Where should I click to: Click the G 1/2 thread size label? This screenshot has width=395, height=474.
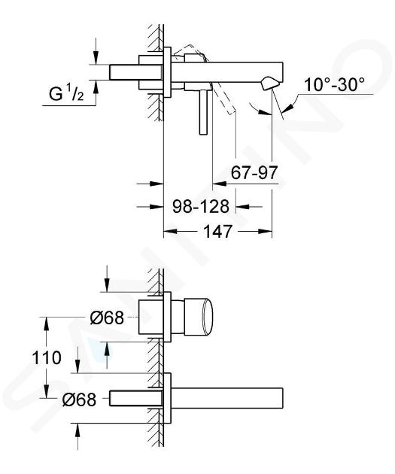tap(66, 93)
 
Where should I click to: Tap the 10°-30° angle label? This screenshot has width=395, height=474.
tap(334, 84)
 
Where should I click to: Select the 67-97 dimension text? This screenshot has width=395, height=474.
tap(254, 173)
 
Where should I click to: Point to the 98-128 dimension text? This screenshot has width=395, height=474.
tap(201, 207)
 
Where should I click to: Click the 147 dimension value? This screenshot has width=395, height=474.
tap(217, 232)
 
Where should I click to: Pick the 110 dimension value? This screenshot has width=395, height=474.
tap(47, 358)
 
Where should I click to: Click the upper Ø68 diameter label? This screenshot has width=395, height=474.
tap(107, 318)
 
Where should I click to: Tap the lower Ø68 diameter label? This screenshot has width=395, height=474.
tap(79, 400)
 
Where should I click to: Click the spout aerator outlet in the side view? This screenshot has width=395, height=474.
tap(269, 83)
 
